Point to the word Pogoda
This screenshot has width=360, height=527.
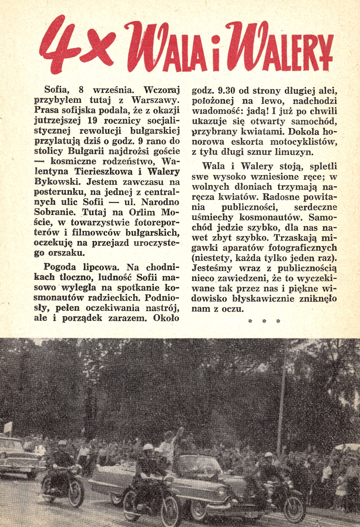(59, 267)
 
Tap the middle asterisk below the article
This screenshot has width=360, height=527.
(264, 321)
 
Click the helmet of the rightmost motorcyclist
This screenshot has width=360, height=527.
(268, 455)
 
